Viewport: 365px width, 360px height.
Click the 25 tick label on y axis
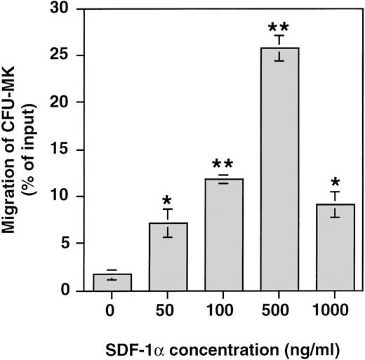coord(67,55)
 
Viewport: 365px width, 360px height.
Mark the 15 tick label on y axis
coord(67,149)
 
